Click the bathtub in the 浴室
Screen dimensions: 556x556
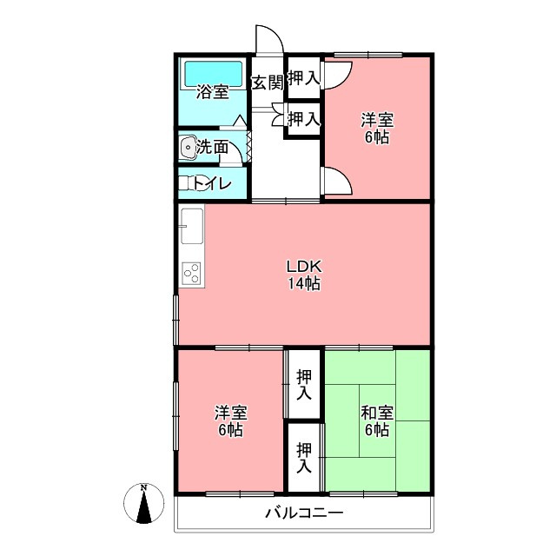(x=214, y=74)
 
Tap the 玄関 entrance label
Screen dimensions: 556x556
(x=268, y=83)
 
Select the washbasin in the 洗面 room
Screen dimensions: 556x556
(x=188, y=147)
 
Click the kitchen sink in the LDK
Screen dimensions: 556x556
(x=192, y=226)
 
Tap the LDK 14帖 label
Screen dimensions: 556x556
(x=304, y=275)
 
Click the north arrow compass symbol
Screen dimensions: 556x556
(x=143, y=503)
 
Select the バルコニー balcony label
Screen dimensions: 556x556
(x=304, y=513)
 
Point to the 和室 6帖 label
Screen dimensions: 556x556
(x=377, y=421)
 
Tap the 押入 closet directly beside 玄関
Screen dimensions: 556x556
(x=304, y=77)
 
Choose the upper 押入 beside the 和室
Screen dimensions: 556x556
(x=304, y=384)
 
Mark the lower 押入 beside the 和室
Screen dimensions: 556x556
(x=304, y=458)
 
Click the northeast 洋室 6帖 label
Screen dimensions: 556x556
(x=377, y=129)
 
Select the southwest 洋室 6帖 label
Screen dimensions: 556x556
(x=230, y=421)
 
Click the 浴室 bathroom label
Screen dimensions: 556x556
(x=212, y=93)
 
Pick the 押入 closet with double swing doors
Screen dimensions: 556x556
(x=304, y=118)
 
